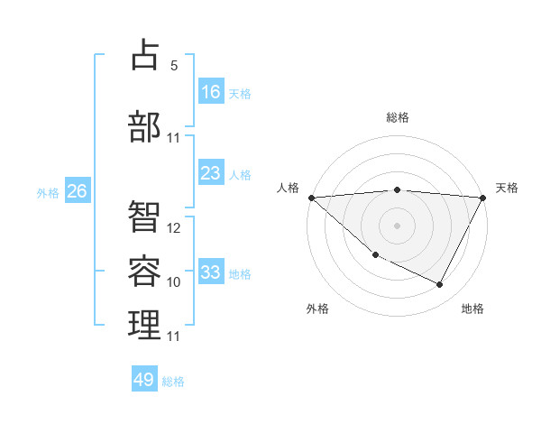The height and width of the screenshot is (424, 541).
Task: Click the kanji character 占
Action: pos(145,55)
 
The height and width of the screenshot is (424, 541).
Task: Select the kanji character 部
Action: pos(145,127)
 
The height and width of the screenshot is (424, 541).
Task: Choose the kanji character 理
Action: pos(145,326)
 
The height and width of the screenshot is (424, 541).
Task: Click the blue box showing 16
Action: pos(211,91)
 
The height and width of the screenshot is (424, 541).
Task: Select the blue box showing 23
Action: pos(211,172)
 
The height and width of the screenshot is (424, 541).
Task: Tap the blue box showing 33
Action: pos(211,272)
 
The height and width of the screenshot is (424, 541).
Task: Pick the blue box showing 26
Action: pos(78,191)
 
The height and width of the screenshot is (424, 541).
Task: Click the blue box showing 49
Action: pos(144,380)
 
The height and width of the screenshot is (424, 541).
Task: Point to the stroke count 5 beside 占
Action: pos(174,66)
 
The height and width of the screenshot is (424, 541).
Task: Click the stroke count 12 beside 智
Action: pos(175,228)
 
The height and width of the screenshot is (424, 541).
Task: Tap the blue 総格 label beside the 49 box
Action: pos(173,382)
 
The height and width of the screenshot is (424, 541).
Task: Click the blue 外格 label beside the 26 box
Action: pos(48,192)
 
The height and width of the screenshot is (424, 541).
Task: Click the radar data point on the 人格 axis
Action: pos(311,198)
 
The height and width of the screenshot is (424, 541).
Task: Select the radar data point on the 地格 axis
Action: pos(440,285)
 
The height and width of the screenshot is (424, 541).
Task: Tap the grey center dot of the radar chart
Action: pos(398,226)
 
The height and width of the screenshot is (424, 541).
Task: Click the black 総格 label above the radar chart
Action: pos(398,117)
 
